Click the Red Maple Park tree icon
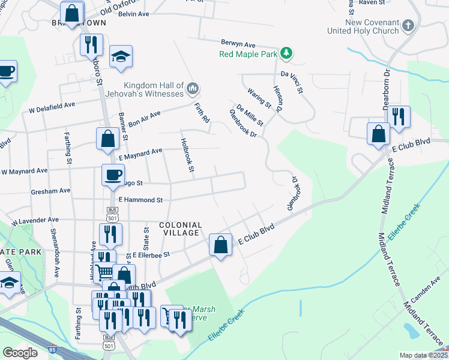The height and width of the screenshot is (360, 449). tap(288, 54)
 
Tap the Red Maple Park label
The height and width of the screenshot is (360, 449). tap(247, 55)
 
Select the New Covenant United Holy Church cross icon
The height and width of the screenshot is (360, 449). tap(408, 25)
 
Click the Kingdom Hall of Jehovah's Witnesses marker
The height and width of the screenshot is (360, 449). tap(193, 89)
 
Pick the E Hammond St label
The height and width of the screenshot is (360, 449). tap(141, 200)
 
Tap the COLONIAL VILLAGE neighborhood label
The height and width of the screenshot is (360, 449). tap(180, 229)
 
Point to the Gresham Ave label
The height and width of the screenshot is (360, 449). tap(50, 191)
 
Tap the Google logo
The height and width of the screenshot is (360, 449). tap(20, 353)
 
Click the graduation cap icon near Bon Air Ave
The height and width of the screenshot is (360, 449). tap(121, 57)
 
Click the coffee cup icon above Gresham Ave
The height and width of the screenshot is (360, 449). tap(112, 175)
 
